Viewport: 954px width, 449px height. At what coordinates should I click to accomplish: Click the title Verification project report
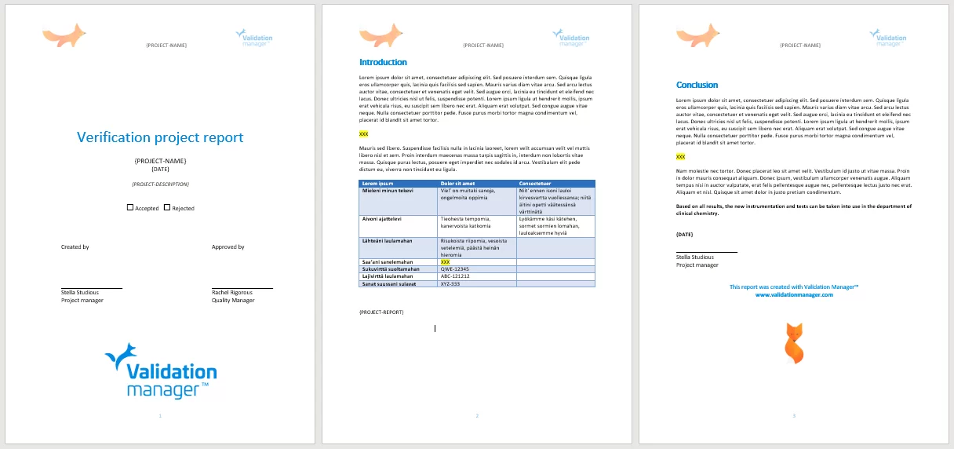click(x=160, y=137)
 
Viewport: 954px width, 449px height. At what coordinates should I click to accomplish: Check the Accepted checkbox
click(x=130, y=208)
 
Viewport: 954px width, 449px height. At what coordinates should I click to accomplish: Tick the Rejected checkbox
click(x=167, y=208)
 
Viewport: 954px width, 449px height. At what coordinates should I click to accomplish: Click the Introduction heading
click(x=383, y=62)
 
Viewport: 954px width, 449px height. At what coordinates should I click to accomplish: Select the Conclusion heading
click(x=697, y=85)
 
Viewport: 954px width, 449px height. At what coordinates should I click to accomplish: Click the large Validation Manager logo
click(x=161, y=371)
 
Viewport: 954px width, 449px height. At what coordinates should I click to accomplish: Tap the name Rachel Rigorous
click(x=233, y=292)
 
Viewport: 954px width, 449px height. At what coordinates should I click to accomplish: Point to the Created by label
click(x=75, y=246)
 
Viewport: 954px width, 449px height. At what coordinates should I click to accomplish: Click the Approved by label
click(x=228, y=246)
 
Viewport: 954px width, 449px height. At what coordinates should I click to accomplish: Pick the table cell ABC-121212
click(x=456, y=276)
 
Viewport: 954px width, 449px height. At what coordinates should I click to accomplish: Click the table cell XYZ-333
click(x=451, y=283)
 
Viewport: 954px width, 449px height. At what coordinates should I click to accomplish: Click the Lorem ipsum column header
click(x=377, y=184)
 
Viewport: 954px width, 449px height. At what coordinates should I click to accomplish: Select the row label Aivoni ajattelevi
click(x=382, y=218)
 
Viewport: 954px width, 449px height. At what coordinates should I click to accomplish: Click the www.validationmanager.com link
click(x=794, y=294)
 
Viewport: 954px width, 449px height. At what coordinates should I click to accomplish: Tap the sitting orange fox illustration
click(x=794, y=343)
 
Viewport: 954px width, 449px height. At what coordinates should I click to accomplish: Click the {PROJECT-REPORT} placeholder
click(x=381, y=312)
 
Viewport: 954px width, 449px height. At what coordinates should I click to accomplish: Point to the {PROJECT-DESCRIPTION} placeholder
click(x=160, y=184)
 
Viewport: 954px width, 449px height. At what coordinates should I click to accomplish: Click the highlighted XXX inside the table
click(x=445, y=262)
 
